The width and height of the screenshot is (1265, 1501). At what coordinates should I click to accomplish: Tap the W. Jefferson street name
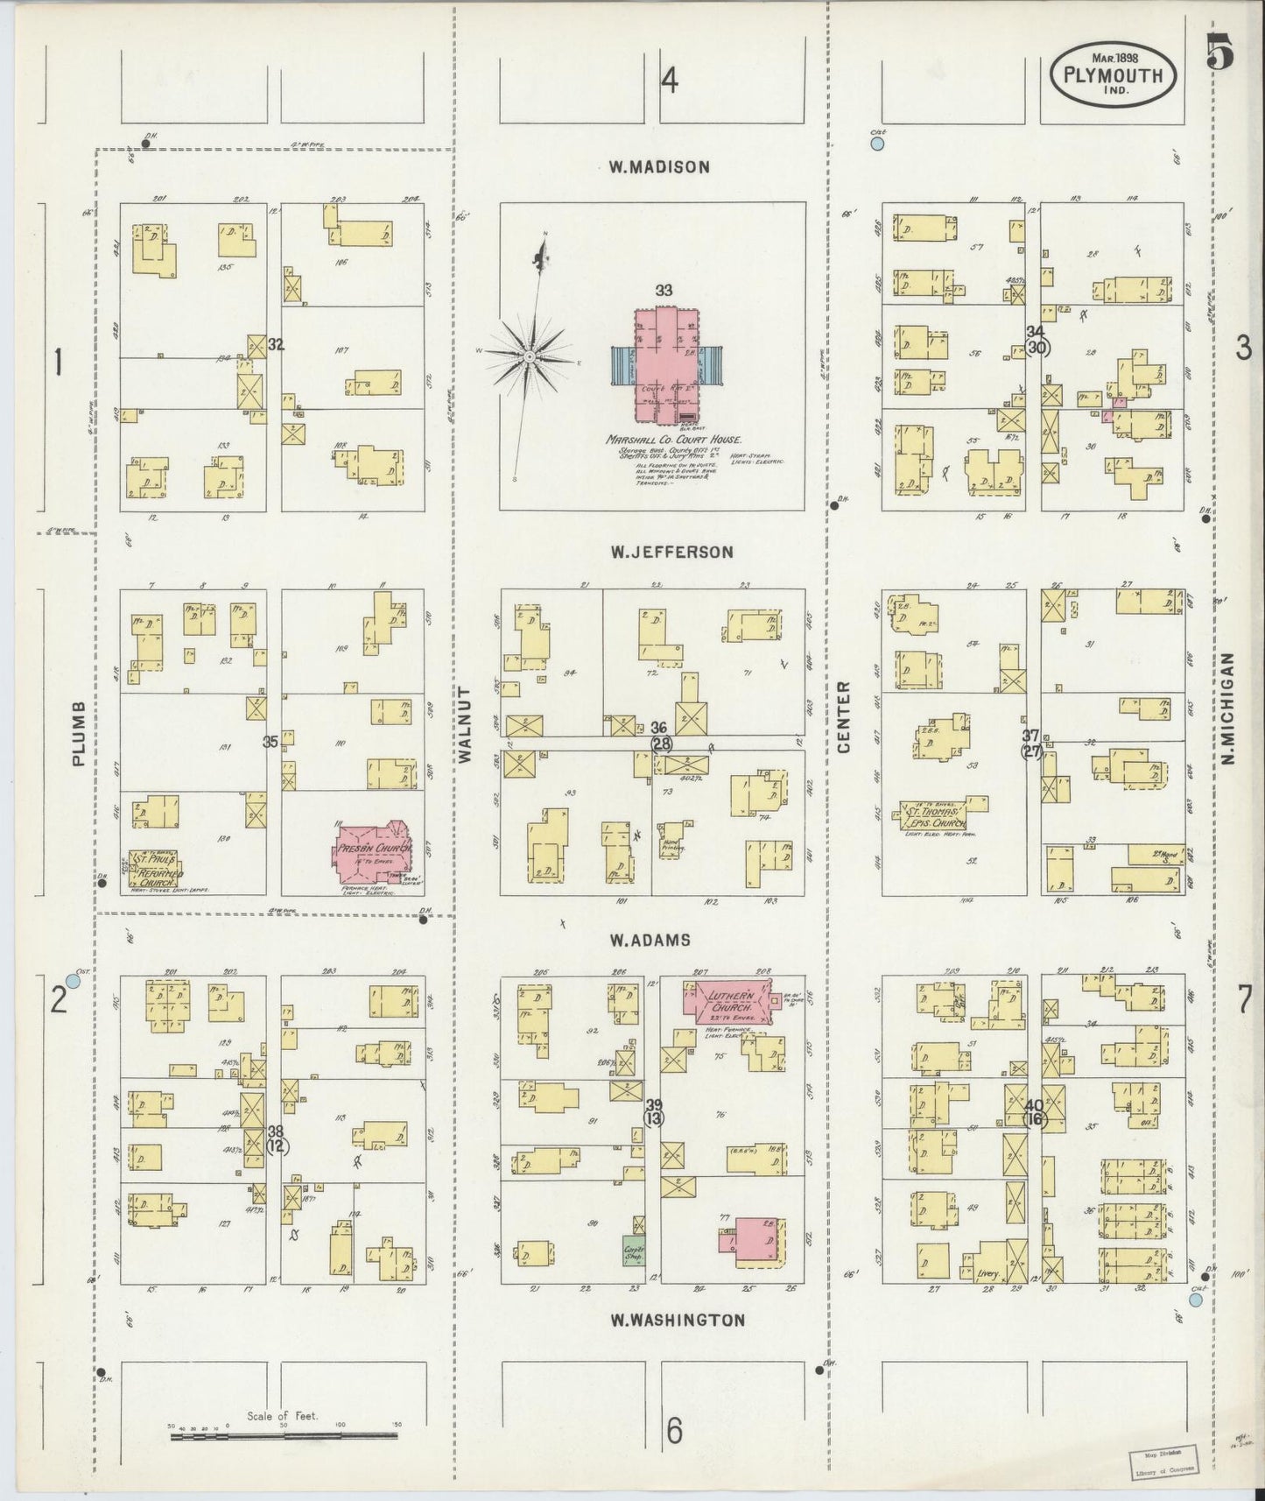click(671, 552)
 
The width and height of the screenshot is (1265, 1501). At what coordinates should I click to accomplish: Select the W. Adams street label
click(650, 940)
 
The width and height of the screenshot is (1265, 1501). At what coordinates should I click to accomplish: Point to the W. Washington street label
click(678, 1320)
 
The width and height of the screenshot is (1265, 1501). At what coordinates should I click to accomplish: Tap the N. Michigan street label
click(1228, 708)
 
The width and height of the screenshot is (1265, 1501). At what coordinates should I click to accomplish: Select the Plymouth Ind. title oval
click(1112, 76)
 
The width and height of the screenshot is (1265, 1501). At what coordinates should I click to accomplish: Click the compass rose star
click(530, 357)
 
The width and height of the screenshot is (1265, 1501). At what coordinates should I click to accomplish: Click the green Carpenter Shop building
click(634, 1252)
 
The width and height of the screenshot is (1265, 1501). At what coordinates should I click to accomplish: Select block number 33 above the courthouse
click(664, 290)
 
